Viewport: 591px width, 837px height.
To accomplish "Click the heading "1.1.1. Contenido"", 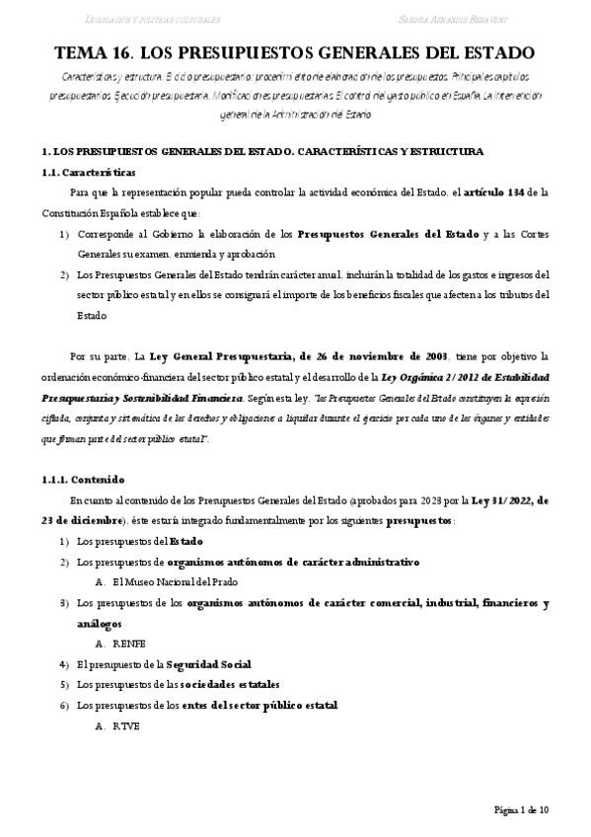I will [x=77, y=481].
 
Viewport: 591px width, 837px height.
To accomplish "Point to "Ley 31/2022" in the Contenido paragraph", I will [x=494, y=500].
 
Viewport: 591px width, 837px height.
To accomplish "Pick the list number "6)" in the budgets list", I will [x=63, y=706].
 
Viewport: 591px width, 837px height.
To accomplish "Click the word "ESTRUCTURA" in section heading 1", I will [x=448, y=152].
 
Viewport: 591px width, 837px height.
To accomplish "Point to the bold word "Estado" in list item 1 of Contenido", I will [x=186, y=541].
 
